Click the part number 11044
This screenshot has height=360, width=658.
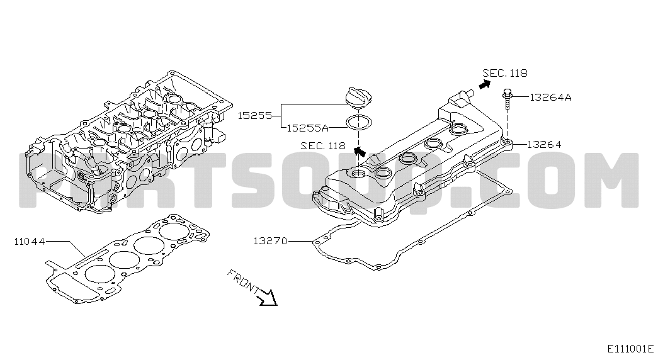[30, 242]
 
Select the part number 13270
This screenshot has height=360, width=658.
[270, 241]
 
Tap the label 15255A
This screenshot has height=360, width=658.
[308, 128]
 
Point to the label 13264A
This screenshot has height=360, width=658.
[550, 98]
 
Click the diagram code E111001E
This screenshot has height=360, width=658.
[631, 349]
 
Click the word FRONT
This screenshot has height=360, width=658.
[243, 281]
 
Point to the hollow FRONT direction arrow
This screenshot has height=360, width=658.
[268, 297]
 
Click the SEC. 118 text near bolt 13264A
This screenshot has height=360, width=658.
[505, 73]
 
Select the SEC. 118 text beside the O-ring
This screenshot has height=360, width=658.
[323, 145]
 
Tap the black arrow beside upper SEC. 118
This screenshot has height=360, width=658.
[484, 84]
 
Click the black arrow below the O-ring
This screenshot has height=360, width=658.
[359, 151]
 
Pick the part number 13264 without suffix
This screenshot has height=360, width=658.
[544, 144]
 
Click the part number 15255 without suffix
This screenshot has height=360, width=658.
[255, 115]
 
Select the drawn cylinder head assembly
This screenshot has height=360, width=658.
[128, 145]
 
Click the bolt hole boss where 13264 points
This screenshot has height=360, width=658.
[508, 142]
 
